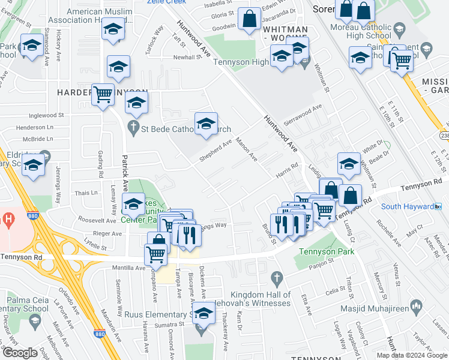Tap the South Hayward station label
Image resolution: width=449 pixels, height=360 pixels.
pyautogui.click(x=407, y=207)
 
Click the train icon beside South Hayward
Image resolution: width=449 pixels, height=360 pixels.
pyautogui.click(x=438, y=207)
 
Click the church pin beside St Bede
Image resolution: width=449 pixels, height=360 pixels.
pyautogui.click(x=133, y=127)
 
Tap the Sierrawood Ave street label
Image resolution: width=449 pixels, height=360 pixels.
pyautogui.click(x=303, y=112)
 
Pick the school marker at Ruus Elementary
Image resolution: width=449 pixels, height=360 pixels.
pyautogui.click(x=203, y=313)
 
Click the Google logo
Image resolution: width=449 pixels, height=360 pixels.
pyautogui.click(x=20, y=353)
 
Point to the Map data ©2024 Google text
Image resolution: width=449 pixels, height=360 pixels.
pyautogui.click(x=411, y=355)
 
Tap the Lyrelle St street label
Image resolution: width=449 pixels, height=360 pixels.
pyautogui.click(x=95, y=246)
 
